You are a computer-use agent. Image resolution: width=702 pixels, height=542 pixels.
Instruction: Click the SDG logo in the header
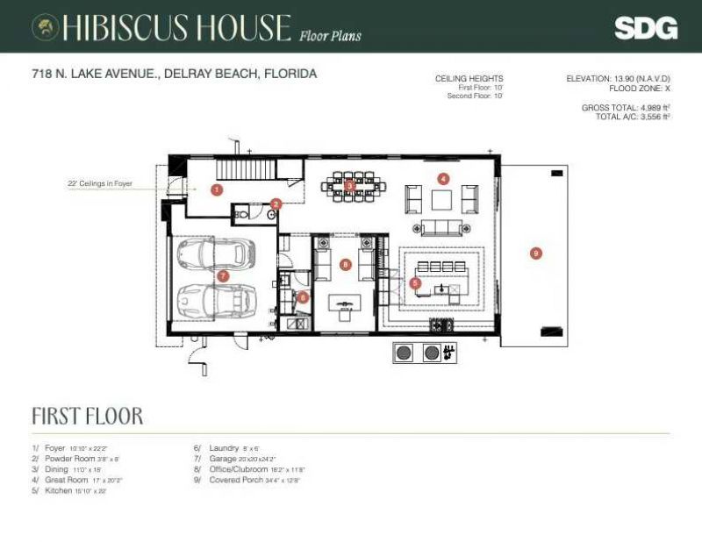point(645,28)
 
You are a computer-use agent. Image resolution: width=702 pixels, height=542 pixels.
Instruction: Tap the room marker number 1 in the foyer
point(217,189)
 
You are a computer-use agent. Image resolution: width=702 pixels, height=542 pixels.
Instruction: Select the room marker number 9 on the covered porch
point(536,253)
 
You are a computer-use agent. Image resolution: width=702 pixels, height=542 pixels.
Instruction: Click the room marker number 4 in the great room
point(444,178)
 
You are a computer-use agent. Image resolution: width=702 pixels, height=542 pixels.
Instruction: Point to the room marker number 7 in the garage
point(223,275)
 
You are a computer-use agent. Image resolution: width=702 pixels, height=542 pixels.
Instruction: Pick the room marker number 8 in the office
point(346,264)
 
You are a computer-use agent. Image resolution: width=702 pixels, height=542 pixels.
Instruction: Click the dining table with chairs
point(350,185)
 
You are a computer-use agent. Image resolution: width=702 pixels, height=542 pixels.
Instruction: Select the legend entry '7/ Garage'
point(233,459)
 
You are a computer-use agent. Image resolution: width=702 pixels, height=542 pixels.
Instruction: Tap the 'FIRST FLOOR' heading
point(87,416)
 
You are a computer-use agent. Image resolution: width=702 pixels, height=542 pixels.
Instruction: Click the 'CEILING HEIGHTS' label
point(469,79)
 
